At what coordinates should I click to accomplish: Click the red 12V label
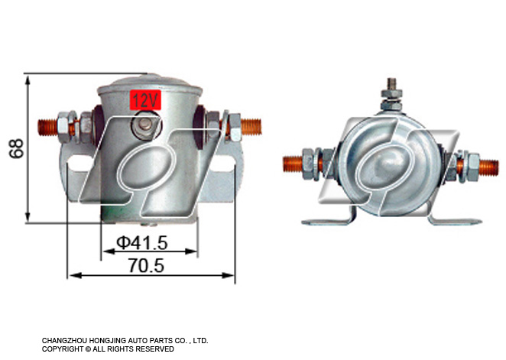[x=145, y=99]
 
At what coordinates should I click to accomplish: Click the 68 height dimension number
[x=16, y=148]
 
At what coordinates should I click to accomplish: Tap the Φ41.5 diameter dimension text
[x=142, y=243]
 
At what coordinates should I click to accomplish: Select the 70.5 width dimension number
[x=146, y=266]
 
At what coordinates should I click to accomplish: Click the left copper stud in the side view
[x=47, y=127]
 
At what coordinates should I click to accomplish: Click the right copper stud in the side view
[x=251, y=127]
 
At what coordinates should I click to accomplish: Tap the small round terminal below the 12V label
[x=145, y=125]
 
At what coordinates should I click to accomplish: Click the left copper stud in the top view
[x=293, y=164]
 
